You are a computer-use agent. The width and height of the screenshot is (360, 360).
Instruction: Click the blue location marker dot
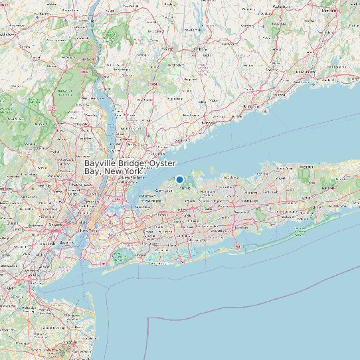tap(179, 179)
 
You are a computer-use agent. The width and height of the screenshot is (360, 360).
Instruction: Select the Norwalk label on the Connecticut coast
tap(209, 123)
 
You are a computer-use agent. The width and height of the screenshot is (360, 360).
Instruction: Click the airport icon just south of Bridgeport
tap(266, 111)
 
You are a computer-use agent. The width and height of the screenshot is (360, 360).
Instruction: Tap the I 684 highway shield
tap(153, 85)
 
